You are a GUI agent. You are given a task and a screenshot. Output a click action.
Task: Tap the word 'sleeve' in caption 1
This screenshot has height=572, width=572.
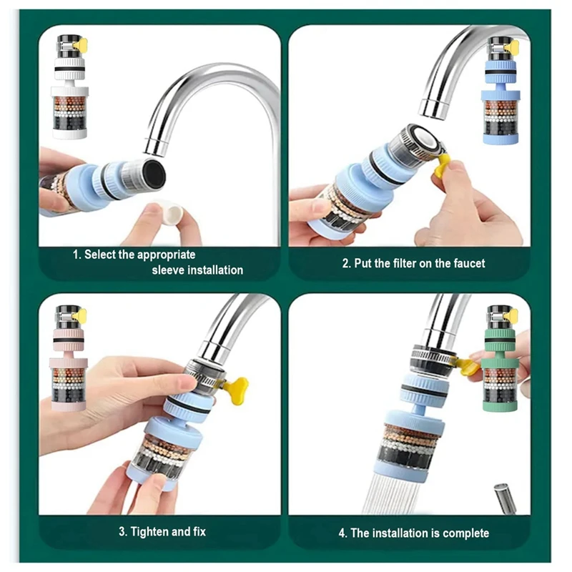[168, 270]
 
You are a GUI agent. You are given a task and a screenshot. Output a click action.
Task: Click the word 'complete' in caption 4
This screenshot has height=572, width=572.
[466, 533]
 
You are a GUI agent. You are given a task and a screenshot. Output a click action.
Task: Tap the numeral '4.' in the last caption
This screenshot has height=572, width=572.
[342, 533]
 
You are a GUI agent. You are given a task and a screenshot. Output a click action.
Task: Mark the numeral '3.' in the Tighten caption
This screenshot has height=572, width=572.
[122, 532]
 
